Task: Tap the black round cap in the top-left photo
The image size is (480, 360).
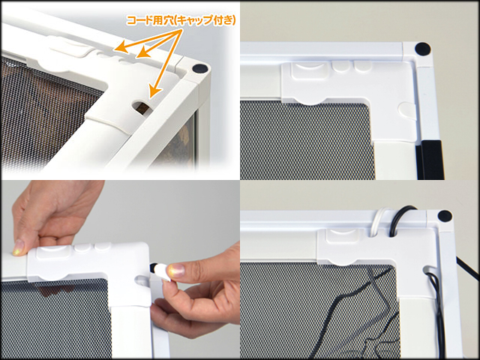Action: pyautogui.click(x=199, y=67)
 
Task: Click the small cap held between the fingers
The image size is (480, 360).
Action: pyautogui.click(x=159, y=271)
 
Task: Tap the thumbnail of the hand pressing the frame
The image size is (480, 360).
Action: pyautogui.click(x=17, y=247)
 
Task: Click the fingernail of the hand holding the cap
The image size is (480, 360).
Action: pyautogui.click(x=175, y=271)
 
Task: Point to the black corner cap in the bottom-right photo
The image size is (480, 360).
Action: pyautogui.click(x=444, y=216)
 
